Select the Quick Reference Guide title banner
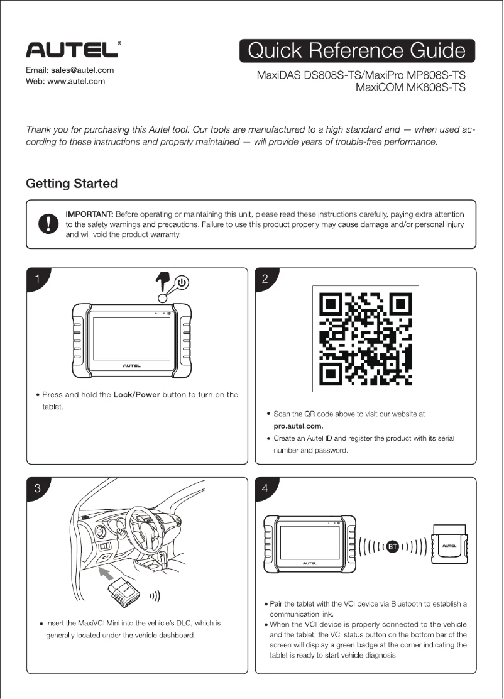[x=357, y=51]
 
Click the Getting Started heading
[x=71, y=184]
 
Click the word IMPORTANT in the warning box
[x=93, y=215]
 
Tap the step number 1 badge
[x=38, y=280]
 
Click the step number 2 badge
[x=265, y=280]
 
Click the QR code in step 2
[x=366, y=339]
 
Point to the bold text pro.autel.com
[x=299, y=426]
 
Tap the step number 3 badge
[x=38, y=489]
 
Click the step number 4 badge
[x=265, y=489]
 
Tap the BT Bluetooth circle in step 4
[x=393, y=546]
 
